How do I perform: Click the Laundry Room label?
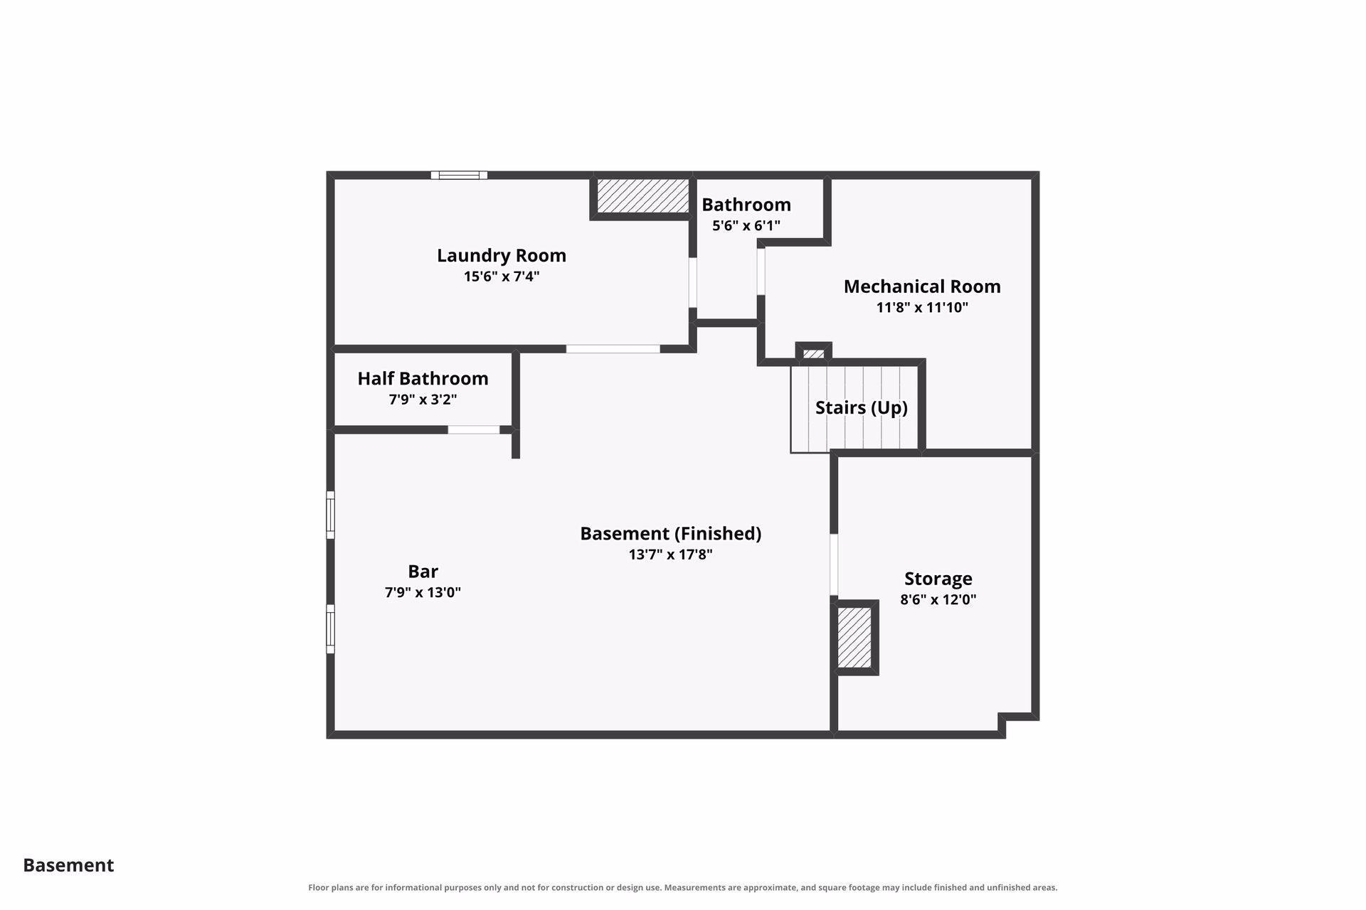click(x=502, y=255)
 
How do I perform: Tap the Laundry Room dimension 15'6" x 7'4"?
click(x=502, y=276)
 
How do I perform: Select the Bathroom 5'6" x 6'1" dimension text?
click(x=746, y=225)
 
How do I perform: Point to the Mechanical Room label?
click(x=922, y=287)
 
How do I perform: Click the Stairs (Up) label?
click(x=862, y=407)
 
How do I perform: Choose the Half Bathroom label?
click(x=423, y=378)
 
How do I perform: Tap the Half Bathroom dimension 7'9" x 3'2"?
click(x=423, y=399)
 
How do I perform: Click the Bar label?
click(x=423, y=572)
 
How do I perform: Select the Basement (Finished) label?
click(x=670, y=533)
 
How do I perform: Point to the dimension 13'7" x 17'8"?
click(x=670, y=554)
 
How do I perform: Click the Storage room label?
click(x=938, y=579)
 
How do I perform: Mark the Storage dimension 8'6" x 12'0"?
click(x=938, y=599)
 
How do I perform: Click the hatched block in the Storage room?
click(x=854, y=638)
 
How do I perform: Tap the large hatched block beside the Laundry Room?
click(x=642, y=196)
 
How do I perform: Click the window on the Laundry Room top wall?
click(x=459, y=175)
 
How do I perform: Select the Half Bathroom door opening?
click(x=474, y=429)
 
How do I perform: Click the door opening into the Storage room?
click(x=834, y=564)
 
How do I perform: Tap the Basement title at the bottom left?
click(x=68, y=865)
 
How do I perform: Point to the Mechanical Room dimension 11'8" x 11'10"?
click(x=922, y=307)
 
